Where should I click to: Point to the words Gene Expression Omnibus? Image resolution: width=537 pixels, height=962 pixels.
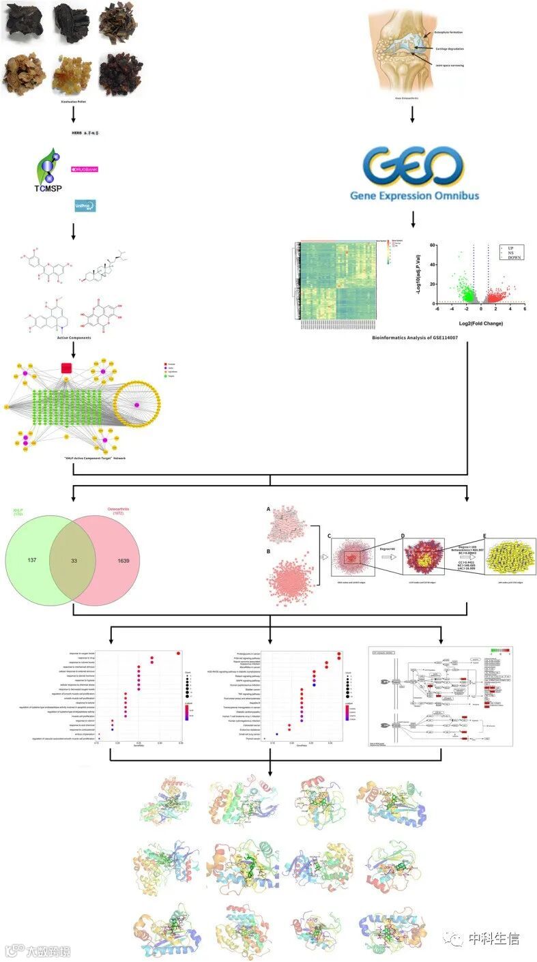click(414, 196)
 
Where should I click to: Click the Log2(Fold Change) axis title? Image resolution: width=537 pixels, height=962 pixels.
click(482, 323)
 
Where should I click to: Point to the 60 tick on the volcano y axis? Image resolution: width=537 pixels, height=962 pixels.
click(433, 244)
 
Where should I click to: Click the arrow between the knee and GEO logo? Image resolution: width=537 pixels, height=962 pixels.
click(413, 113)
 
